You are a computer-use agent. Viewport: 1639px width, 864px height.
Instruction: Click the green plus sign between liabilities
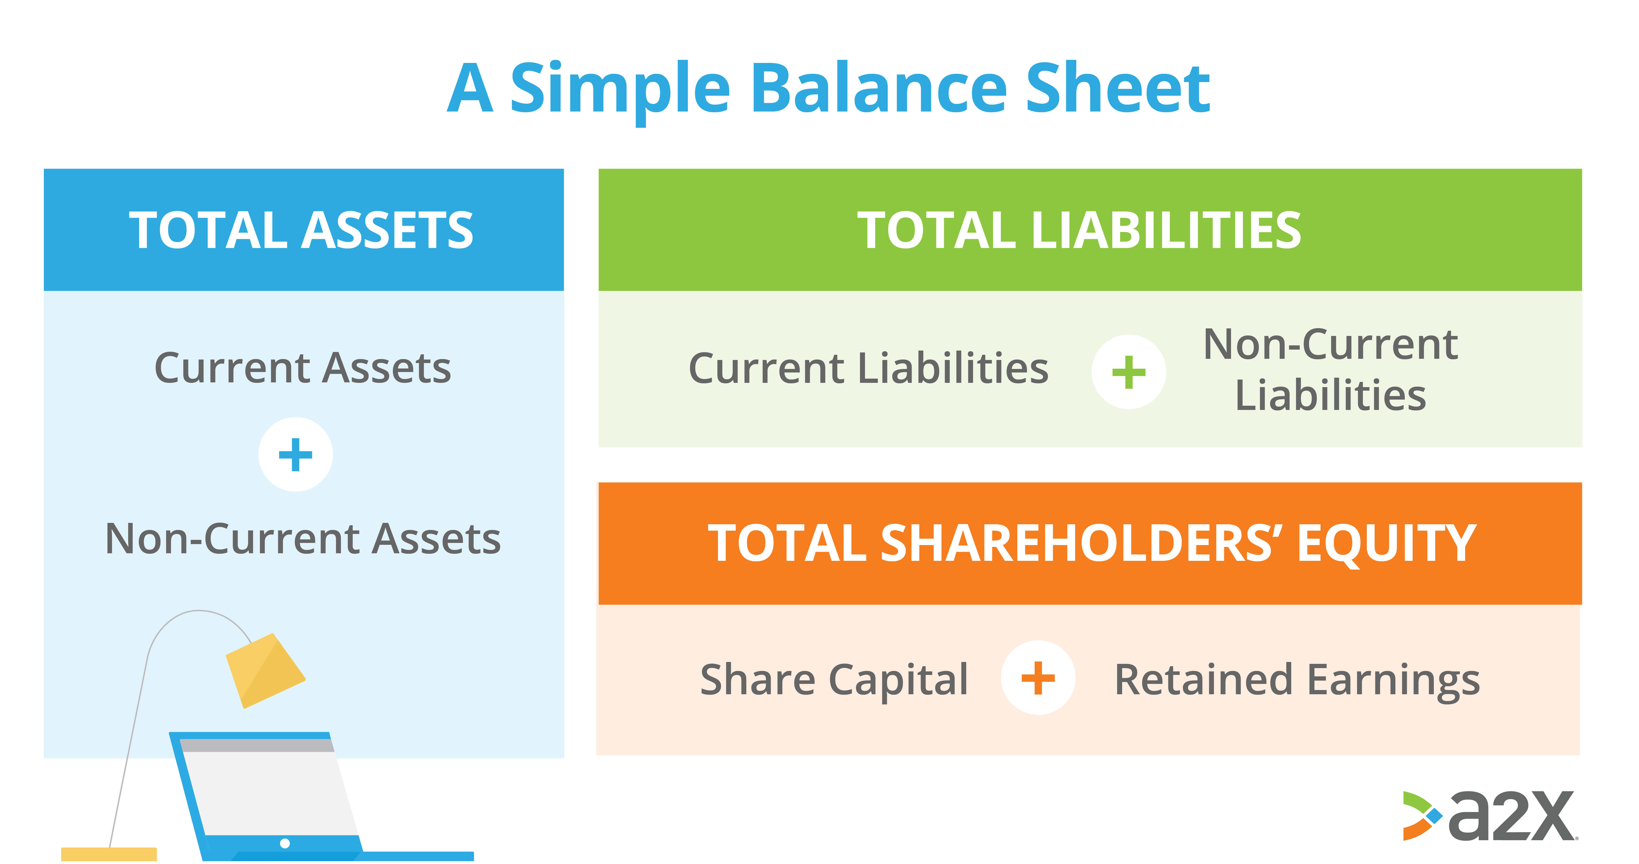tap(1129, 372)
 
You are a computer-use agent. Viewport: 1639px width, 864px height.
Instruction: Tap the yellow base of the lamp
tap(109, 854)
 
